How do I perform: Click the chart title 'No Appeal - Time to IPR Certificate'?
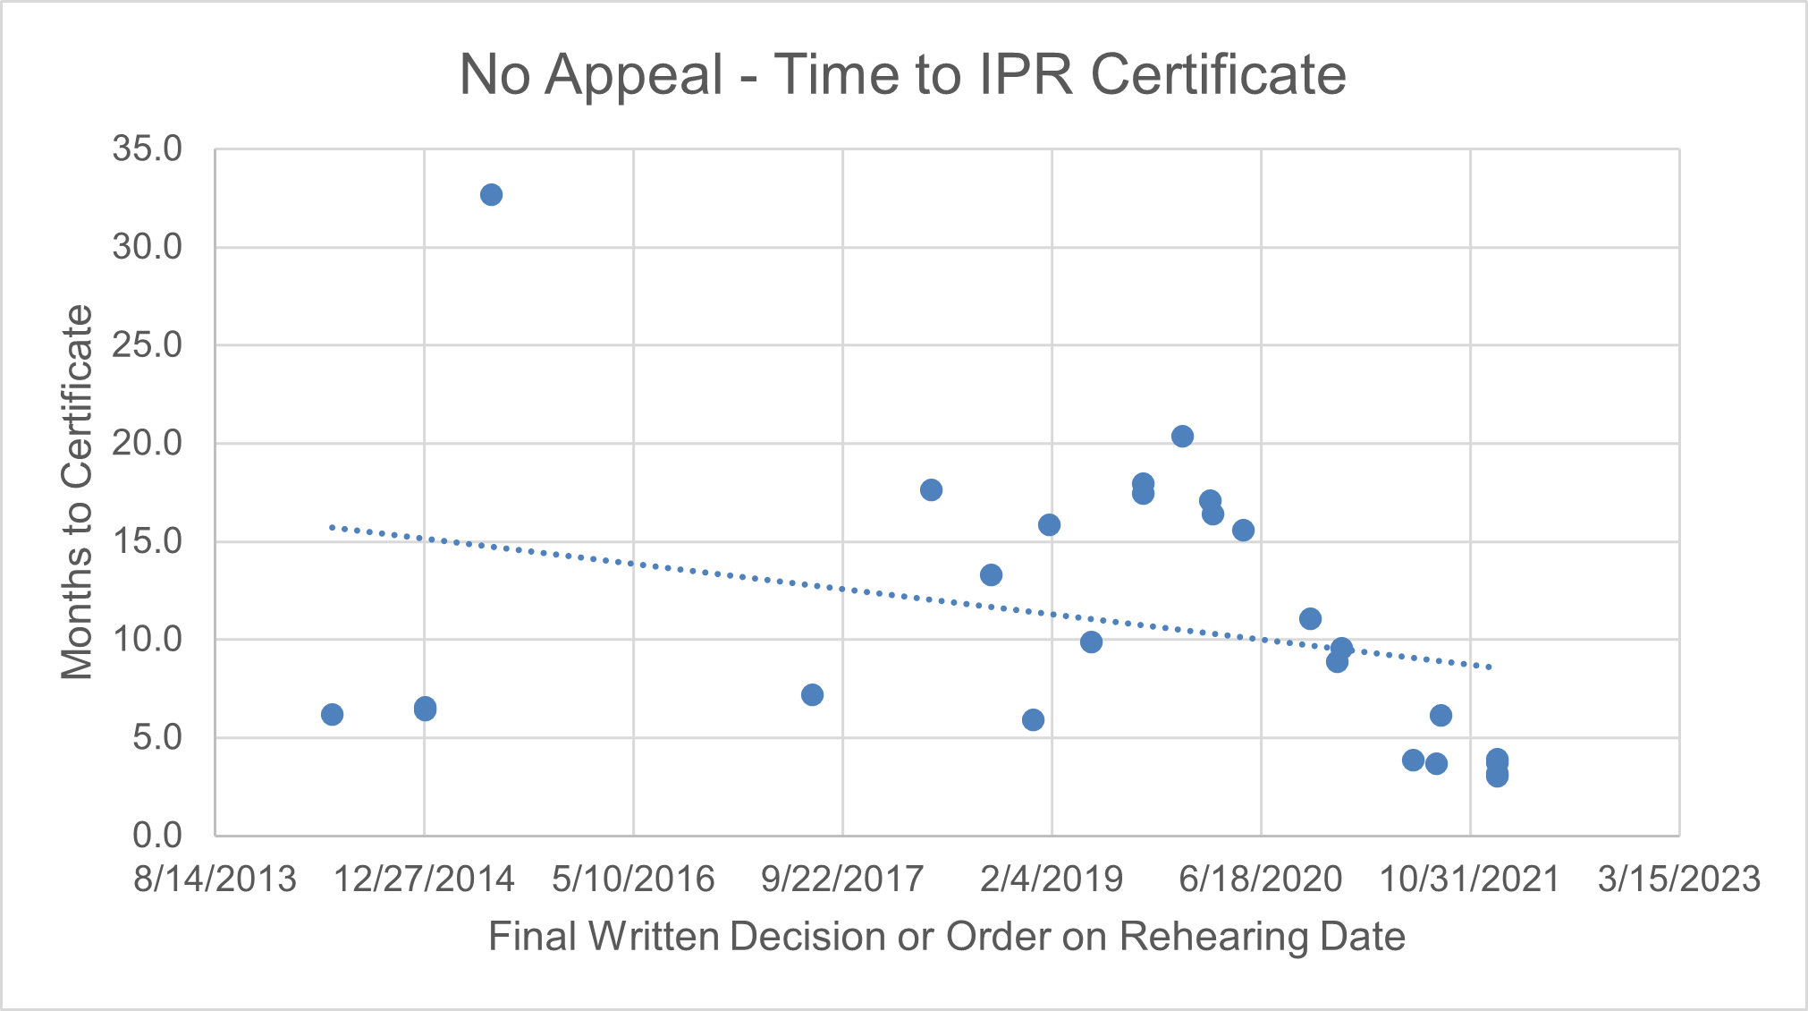[902, 74]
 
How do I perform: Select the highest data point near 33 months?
[491, 195]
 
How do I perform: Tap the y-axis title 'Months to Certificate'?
[77, 492]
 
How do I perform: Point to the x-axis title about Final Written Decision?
[946, 937]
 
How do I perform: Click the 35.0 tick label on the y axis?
[147, 149]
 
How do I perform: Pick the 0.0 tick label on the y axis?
[157, 836]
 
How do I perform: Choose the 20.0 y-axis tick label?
[147, 443]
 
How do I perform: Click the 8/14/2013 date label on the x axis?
[215, 879]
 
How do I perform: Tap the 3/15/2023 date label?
[1678, 879]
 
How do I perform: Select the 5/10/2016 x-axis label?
[633, 879]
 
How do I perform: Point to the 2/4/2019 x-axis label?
[1052, 879]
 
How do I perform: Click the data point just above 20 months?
[1182, 437]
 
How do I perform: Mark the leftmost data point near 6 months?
[332, 714]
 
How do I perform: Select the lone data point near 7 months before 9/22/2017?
[812, 695]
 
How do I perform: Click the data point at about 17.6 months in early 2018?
[931, 489]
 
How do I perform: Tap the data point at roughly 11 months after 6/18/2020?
[1310, 618]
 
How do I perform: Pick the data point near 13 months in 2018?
[991, 574]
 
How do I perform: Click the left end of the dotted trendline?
[332, 528]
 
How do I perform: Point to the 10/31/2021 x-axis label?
[1470, 879]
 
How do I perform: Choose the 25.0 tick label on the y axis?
[147, 345]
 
